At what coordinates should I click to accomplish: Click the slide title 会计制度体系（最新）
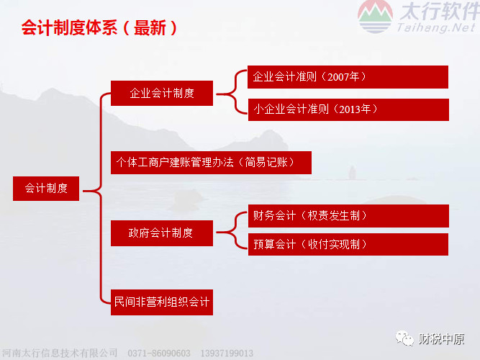(99, 28)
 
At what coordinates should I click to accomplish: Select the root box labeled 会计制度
(46, 189)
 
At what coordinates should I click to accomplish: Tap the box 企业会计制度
(162, 93)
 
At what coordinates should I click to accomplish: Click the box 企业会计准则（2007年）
(348, 77)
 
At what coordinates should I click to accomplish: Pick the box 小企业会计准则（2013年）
(348, 109)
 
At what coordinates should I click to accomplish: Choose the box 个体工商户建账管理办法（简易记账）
(211, 163)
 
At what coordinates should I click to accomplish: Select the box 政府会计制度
(162, 233)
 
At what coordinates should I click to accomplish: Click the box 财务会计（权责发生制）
(348, 216)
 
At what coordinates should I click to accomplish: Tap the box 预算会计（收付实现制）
(348, 245)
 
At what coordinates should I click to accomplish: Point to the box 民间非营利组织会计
(162, 302)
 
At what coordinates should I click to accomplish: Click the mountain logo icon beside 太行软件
(375, 17)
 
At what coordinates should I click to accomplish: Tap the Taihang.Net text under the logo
(436, 27)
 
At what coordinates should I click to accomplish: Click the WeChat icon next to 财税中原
(404, 338)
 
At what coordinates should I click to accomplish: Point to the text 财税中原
(441, 339)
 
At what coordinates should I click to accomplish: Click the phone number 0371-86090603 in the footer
(159, 354)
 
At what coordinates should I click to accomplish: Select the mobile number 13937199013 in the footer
(227, 354)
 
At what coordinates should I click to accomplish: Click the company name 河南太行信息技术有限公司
(60, 353)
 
